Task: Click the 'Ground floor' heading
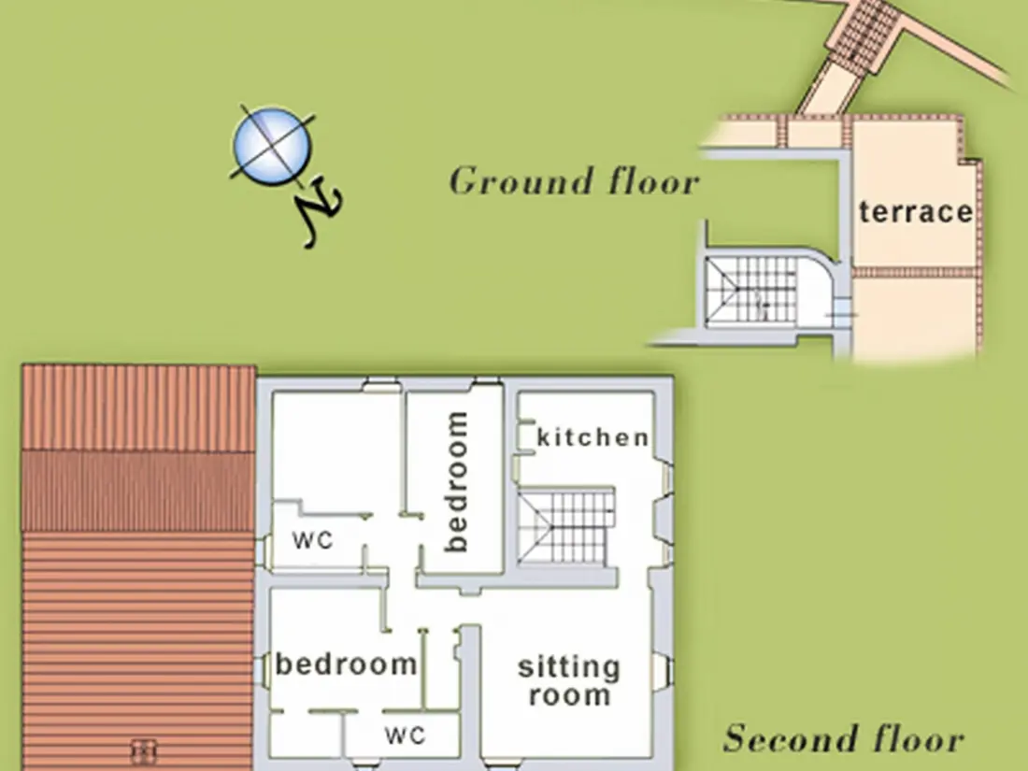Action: [575, 180]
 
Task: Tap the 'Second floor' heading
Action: [844, 738]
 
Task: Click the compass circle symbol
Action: [272, 146]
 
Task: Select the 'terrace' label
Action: [916, 212]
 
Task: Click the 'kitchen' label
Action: [593, 437]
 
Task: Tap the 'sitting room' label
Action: [569, 680]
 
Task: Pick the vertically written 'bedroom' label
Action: [456, 482]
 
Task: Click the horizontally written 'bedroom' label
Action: [346, 664]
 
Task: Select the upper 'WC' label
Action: [313, 540]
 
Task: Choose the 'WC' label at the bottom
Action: [406, 735]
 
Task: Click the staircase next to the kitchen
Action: [566, 526]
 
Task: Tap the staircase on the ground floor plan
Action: [750, 289]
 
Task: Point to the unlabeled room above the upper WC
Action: [336, 450]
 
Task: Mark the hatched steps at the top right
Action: [864, 33]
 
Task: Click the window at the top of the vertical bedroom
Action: [487, 383]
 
